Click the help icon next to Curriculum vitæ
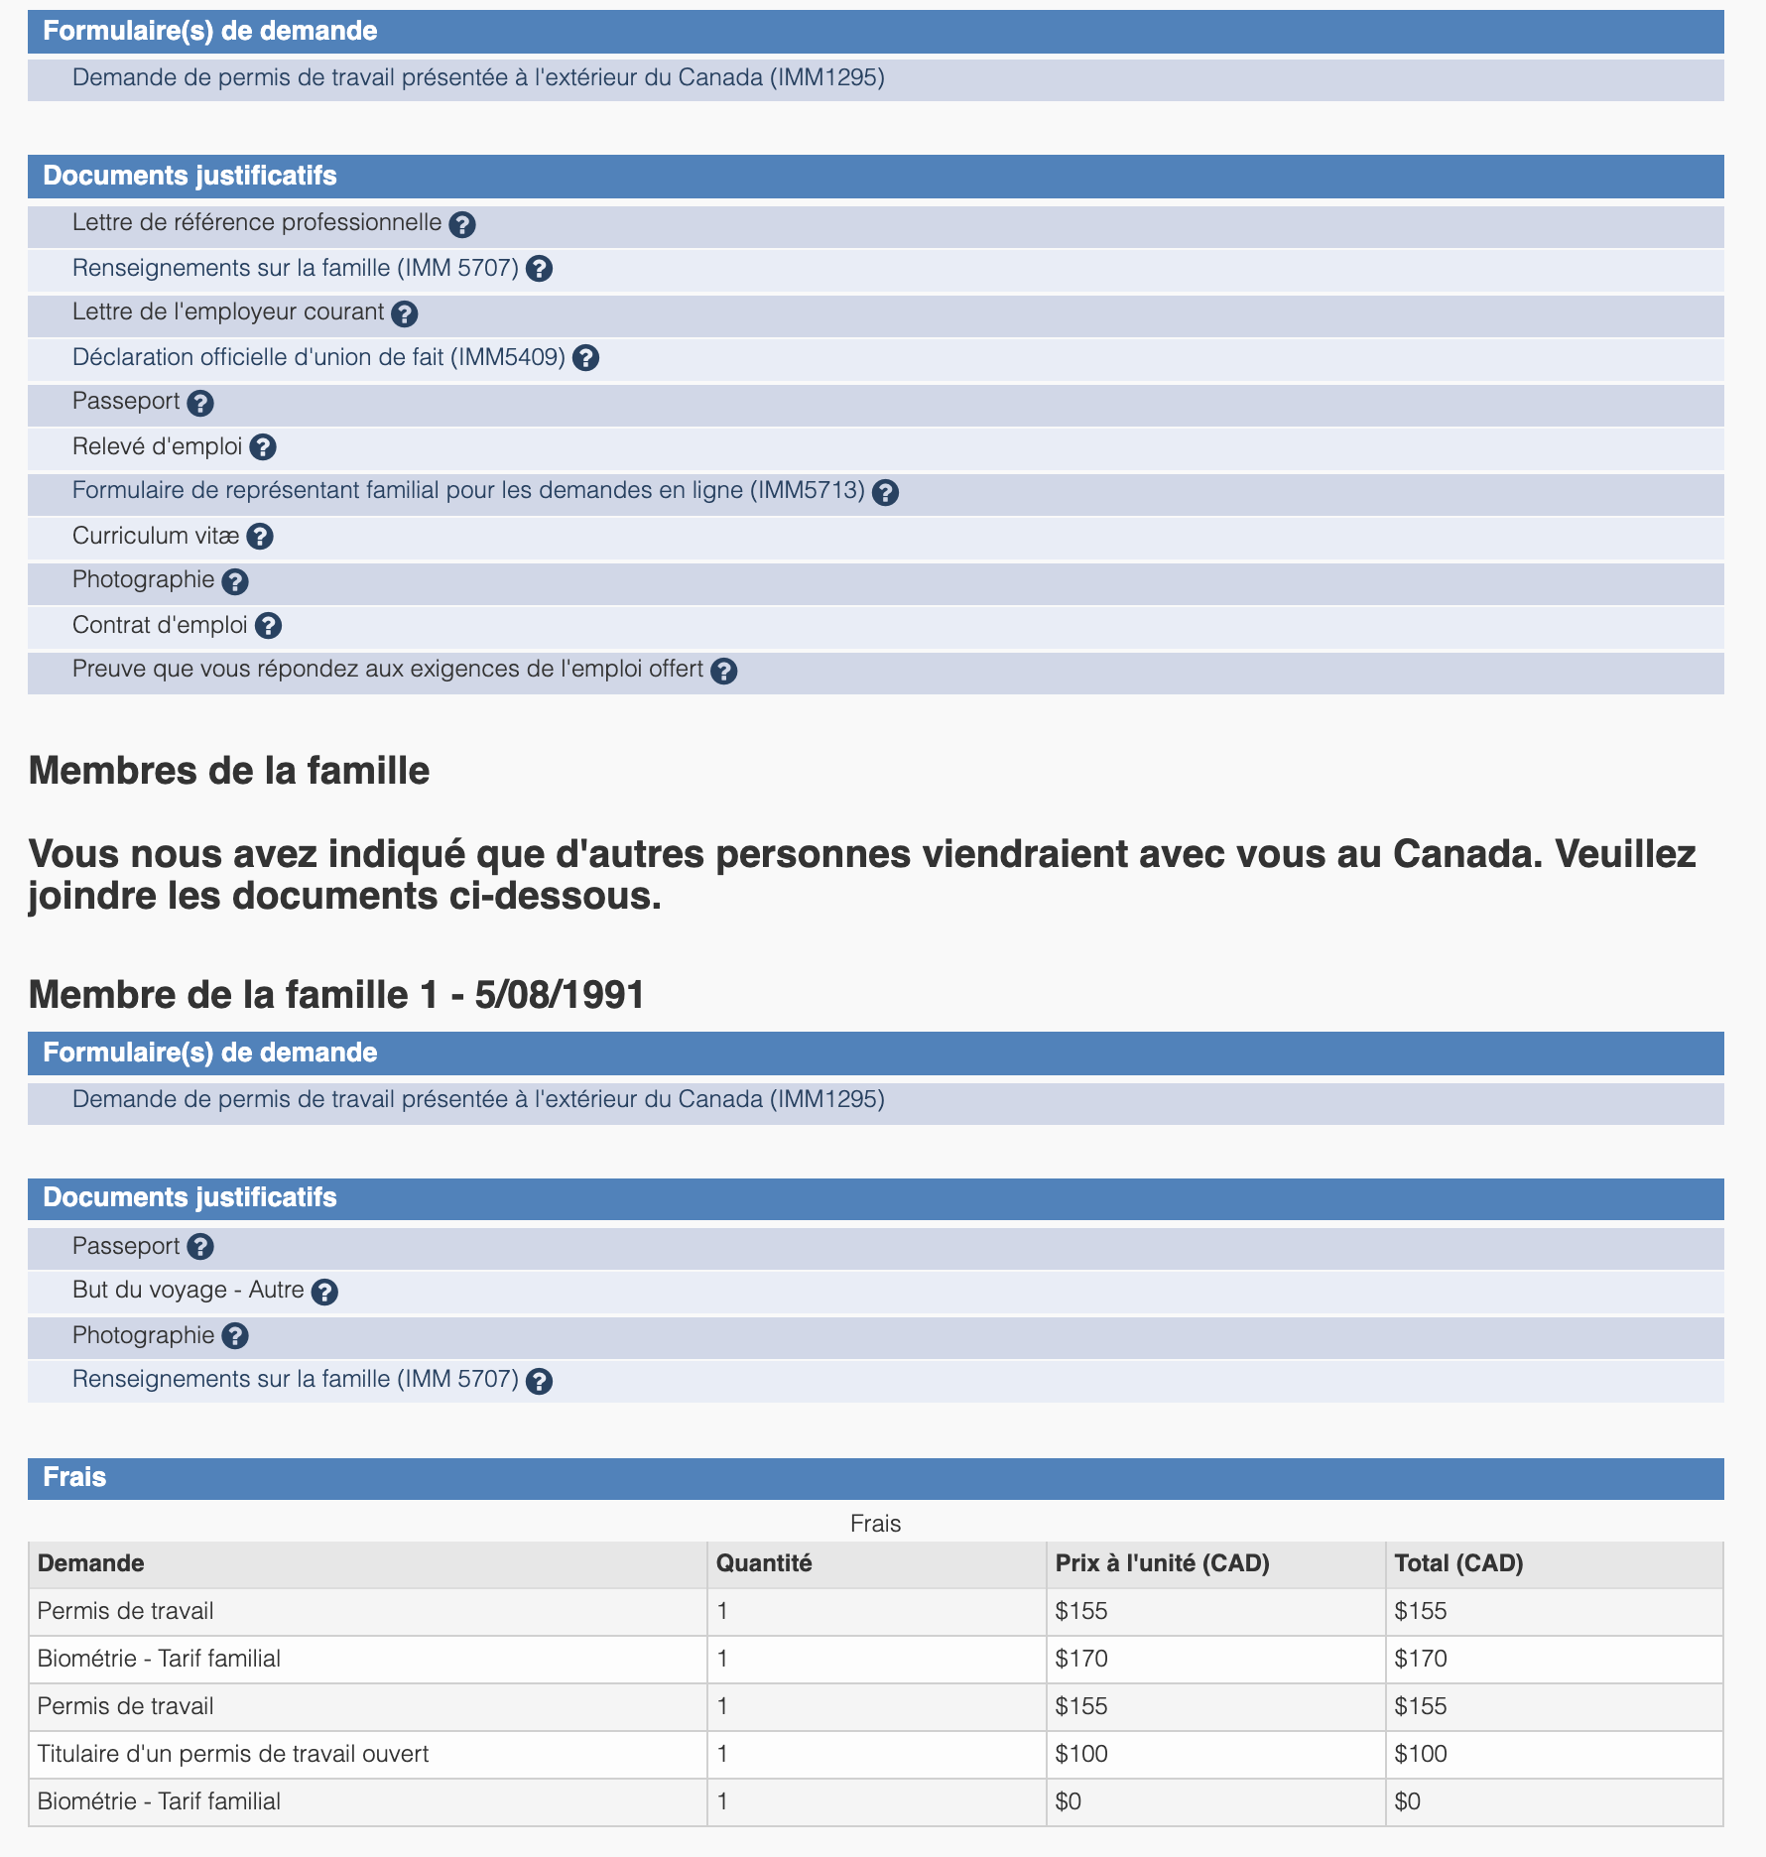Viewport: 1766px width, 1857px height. click(260, 537)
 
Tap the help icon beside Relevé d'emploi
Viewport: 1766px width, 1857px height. click(263, 447)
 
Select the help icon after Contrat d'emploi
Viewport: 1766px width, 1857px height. click(268, 626)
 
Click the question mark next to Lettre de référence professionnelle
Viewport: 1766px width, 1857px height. click(462, 224)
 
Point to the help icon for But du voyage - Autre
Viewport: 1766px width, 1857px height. click(324, 1292)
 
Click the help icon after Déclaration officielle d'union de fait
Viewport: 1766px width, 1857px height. click(586, 358)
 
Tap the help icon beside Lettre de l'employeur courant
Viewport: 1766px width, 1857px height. click(404, 313)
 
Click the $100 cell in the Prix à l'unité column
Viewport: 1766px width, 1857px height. click(1081, 1754)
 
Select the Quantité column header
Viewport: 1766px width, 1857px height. click(764, 1563)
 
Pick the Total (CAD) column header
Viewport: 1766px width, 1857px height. click(1458, 1563)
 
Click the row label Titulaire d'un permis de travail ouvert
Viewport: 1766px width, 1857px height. click(233, 1754)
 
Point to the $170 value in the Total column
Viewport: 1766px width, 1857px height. click(1421, 1659)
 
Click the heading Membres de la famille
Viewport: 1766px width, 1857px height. click(229, 771)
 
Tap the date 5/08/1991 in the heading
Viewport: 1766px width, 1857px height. click(561, 995)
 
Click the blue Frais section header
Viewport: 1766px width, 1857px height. click(74, 1477)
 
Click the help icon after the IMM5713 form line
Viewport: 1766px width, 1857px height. click(886, 492)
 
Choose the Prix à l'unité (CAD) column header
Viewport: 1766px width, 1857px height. click(1162, 1563)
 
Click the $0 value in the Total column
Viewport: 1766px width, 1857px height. click(1407, 1801)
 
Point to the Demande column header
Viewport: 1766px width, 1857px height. click(91, 1563)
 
